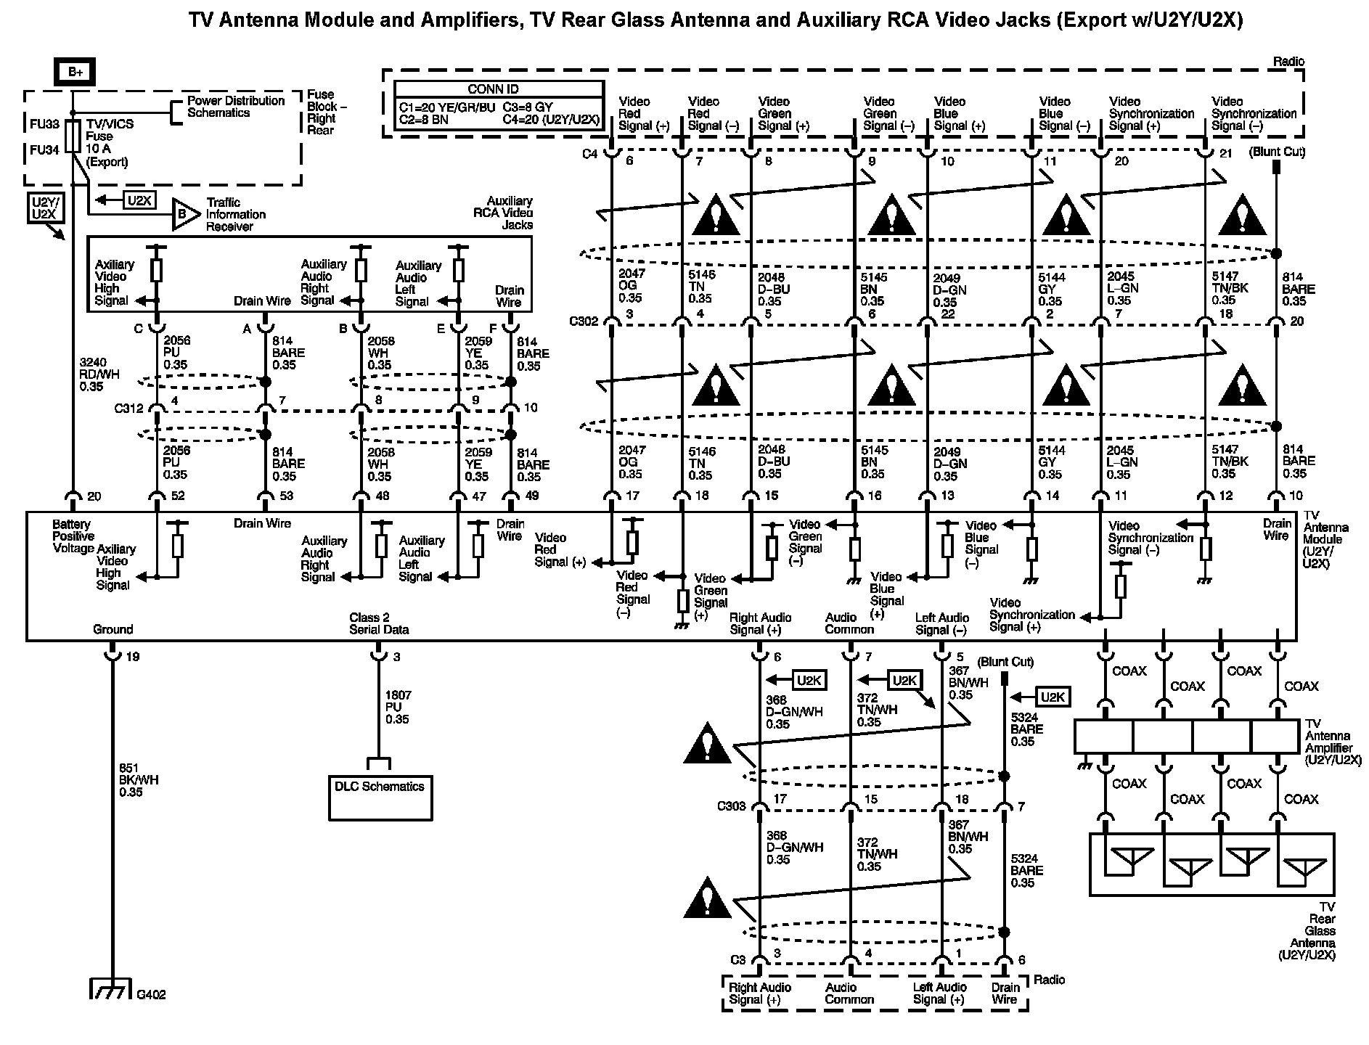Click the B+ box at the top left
[75, 72]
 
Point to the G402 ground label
[151, 995]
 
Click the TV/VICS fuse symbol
[73, 136]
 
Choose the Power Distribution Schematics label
[235, 107]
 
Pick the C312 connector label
[128, 408]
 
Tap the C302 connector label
[584, 321]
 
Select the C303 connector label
[731, 806]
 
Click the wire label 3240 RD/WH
[99, 375]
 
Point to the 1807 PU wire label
[397, 707]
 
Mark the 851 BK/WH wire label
[139, 780]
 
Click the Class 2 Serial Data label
[378, 623]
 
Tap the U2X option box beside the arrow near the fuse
[139, 200]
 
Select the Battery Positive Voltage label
[73, 536]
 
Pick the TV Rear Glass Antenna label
[1319, 930]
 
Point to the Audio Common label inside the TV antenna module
[849, 623]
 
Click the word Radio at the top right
[1288, 62]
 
